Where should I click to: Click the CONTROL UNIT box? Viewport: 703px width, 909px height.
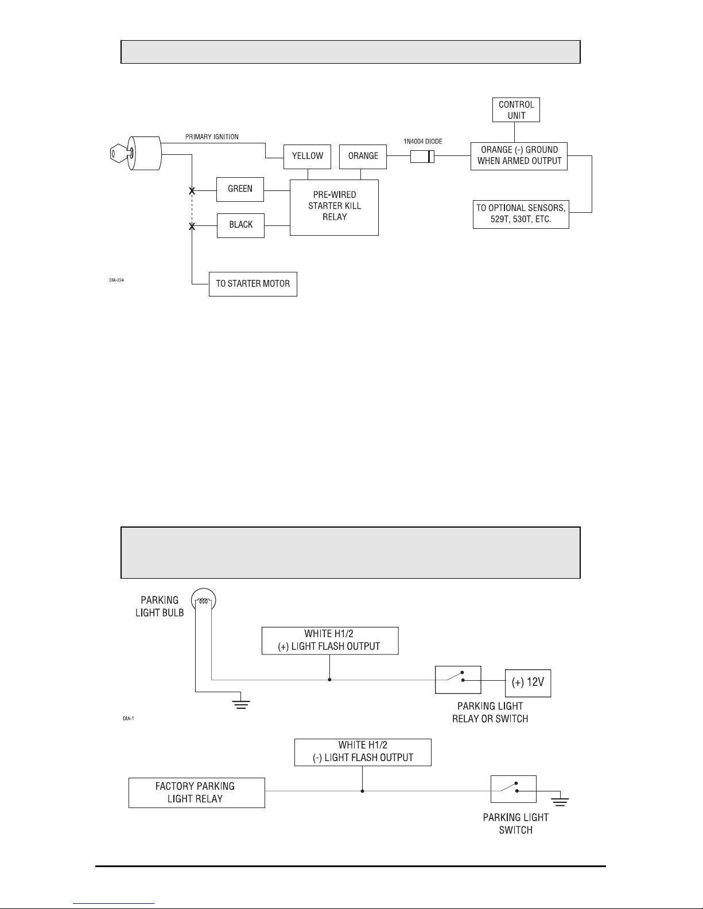pos(516,110)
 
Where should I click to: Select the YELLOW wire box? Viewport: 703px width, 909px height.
pos(307,157)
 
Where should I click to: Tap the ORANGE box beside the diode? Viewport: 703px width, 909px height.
pos(363,157)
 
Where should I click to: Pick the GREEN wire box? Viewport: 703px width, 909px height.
pos(240,189)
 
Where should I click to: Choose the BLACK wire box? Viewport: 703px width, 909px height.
pos(240,226)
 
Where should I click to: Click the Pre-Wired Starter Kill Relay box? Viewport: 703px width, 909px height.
pos(335,208)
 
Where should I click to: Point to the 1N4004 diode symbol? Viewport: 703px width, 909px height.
pos(422,157)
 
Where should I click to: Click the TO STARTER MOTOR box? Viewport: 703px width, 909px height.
pos(253,284)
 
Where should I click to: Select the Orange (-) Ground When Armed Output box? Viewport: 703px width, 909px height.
pos(519,156)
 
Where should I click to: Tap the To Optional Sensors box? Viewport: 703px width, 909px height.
pos(521,214)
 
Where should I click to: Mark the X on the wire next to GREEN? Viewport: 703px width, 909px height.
pos(192,191)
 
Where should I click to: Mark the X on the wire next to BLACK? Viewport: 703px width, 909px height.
pos(192,227)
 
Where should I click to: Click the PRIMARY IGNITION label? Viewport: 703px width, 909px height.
pos(212,137)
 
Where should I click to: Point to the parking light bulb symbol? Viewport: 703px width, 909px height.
pos(203,600)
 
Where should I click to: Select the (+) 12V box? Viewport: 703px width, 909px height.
pos(528,683)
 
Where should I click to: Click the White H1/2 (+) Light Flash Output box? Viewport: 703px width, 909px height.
pos(330,641)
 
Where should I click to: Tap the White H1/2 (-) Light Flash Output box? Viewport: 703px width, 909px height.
pos(363,752)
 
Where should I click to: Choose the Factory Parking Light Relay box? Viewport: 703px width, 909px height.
pos(197,793)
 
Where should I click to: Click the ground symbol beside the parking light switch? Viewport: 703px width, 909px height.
pos(560,802)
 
